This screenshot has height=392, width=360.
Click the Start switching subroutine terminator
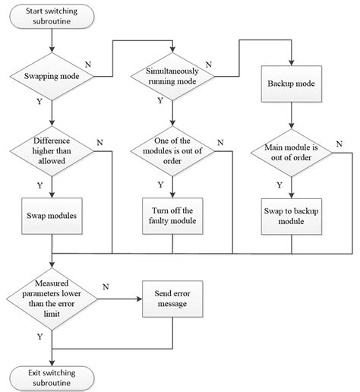pyautogui.click(x=51, y=17)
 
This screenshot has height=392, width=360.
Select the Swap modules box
pyautogui.click(x=51, y=215)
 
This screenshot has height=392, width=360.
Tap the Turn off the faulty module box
pyautogui.click(x=172, y=215)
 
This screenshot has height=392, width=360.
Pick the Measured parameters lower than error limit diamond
pyautogui.click(x=51, y=300)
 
